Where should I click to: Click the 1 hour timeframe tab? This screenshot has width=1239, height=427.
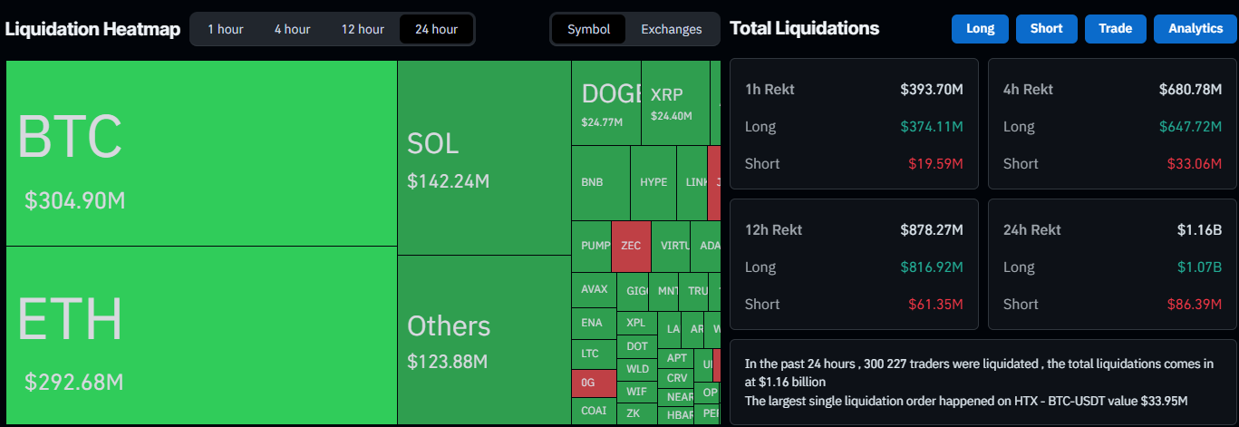(x=225, y=29)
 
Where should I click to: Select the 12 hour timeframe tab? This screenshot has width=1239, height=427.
(x=363, y=29)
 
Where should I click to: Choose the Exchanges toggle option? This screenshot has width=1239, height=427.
(x=671, y=29)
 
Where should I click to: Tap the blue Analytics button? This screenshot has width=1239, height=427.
(x=1195, y=29)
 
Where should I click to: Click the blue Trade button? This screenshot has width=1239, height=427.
(x=1115, y=29)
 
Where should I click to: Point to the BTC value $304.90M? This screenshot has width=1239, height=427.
(x=74, y=201)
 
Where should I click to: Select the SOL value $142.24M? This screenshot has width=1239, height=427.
(x=448, y=181)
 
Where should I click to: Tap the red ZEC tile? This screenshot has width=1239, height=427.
(x=631, y=246)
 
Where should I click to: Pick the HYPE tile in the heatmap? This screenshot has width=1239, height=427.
(x=653, y=182)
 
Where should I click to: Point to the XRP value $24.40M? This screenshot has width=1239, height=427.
(x=671, y=116)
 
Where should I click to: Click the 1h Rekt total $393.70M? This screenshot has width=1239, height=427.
(x=931, y=90)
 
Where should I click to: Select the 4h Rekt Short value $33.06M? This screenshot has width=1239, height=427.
(x=1197, y=164)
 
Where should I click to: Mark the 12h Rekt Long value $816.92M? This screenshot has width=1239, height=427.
(x=931, y=267)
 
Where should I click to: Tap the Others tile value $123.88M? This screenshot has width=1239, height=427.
(x=447, y=362)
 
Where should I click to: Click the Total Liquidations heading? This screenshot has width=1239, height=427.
(x=804, y=28)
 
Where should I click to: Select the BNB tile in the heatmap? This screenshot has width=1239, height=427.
(x=592, y=182)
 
